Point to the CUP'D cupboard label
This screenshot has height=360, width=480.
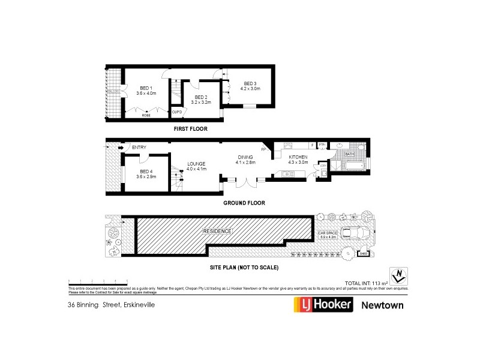coord(177,112)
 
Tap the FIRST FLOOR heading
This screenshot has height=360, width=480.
coord(190,128)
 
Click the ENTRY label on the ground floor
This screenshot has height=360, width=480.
coord(139,148)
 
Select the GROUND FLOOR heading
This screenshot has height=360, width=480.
coord(244,203)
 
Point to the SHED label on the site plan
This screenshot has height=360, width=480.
coord(362,254)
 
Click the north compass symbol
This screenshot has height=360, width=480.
coord(396,275)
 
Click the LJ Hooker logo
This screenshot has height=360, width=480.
coord(322,304)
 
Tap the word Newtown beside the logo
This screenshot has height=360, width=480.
coord(382,304)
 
